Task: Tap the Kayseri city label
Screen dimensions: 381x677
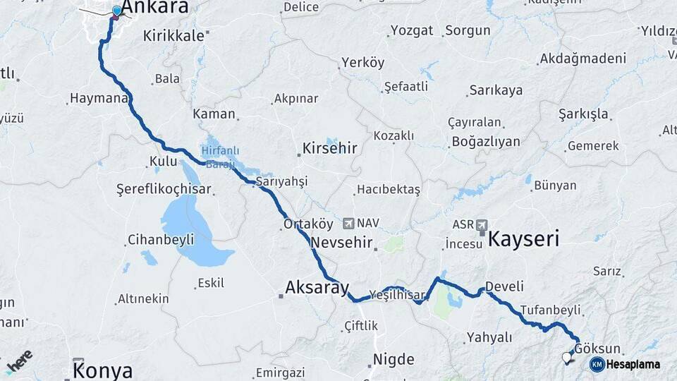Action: pos(523,238)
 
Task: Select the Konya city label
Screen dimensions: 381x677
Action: pos(103,370)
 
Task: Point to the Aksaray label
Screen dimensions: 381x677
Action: pos(317,288)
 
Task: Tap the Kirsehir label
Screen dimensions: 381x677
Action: pos(329,149)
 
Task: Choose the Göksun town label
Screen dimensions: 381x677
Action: pos(597,349)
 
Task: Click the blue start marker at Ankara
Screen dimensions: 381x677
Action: pos(116,11)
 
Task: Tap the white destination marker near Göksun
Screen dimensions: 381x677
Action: pos(566,358)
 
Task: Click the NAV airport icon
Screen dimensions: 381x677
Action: pos(348,224)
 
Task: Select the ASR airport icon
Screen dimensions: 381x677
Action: pos(482,224)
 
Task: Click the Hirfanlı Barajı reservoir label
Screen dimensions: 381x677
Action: pos(221,155)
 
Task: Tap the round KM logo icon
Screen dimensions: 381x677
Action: pos(597,364)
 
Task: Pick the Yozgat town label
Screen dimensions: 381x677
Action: pos(408,31)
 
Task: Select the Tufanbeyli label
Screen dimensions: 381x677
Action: pos(550,310)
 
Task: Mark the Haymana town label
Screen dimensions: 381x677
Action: pos(97,99)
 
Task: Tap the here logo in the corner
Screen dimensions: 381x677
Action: pos(19,361)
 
